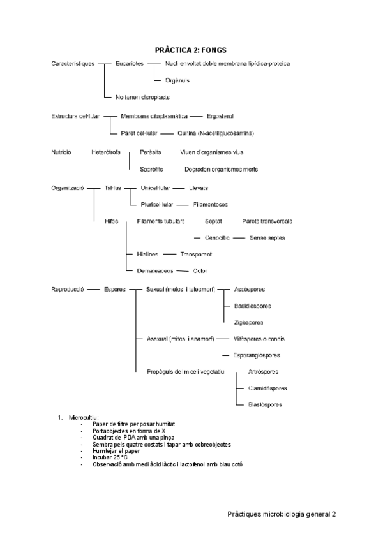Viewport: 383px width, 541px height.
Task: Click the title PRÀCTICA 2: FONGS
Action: coord(191,49)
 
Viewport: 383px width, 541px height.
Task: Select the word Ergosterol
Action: coord(220,116)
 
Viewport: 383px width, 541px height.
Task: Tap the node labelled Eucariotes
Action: coord(130,63)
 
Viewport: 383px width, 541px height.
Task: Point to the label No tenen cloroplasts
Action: coord(142,97)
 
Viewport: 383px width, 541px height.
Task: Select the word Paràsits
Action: coord(151,152)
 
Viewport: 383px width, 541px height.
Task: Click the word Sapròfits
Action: coord(151,169)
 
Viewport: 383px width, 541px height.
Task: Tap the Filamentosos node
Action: coord(210,204)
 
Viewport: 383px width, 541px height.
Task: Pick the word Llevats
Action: coord(199,188)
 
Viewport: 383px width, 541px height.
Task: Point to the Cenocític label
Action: coord(217,237)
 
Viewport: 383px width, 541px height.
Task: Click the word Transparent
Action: coord(196,254)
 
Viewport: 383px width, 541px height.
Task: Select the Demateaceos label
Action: coord(154,270)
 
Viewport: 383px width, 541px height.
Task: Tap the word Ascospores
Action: coord(250,289)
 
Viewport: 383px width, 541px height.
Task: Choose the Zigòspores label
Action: coord(248,322)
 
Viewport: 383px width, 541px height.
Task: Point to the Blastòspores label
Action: coord(265,404)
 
